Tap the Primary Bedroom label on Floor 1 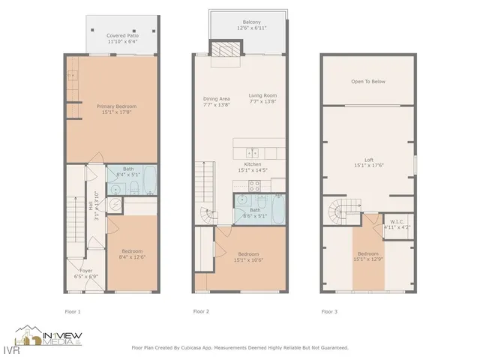point(116,106)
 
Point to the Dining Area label point(215,97)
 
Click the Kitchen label point(253,163)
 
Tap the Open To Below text point(367,81)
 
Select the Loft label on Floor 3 point(368,159)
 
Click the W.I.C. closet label point(397,221)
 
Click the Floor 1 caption point(73,311)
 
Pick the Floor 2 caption point(201,311)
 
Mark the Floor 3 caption point(329,311)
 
